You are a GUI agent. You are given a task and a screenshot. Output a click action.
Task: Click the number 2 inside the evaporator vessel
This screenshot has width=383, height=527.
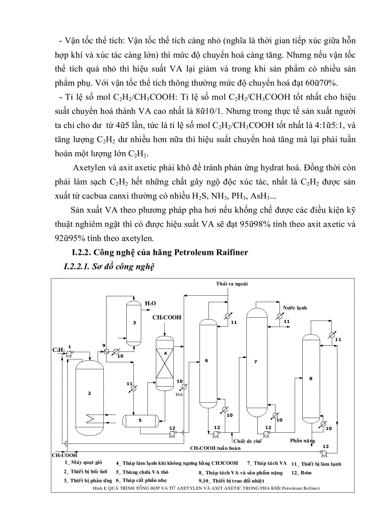click(89, 393)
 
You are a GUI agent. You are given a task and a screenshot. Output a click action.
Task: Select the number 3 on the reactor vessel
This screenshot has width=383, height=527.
click(134, 322)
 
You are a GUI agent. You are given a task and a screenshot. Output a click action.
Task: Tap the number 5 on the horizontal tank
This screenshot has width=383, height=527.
click(140, 420)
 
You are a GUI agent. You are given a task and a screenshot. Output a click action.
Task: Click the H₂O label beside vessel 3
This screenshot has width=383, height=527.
click(150, 304)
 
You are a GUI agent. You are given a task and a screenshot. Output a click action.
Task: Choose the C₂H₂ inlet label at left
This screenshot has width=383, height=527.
click(58, 350)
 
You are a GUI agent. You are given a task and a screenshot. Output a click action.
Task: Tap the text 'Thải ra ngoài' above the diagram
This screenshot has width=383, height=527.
click(232, 284)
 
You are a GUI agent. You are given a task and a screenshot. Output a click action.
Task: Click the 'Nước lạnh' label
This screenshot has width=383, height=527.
click(295, 308)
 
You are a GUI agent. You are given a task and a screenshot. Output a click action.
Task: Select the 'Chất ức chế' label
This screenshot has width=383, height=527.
click(247, 441)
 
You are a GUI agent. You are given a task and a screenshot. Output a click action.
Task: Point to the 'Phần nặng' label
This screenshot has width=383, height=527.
click(303, 441)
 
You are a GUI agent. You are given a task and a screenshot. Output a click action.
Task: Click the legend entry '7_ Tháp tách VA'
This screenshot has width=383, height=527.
click(267, 463)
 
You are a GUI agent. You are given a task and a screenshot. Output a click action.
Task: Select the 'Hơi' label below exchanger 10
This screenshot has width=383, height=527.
click(179, 395)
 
